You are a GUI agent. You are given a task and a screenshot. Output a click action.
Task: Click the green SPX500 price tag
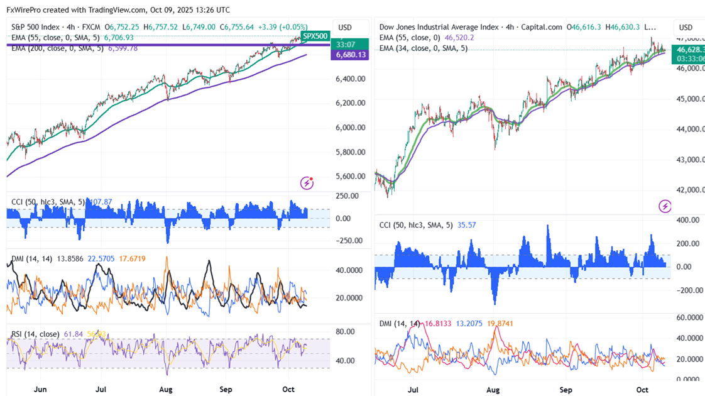[315, 36]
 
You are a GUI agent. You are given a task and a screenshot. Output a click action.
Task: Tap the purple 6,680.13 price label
[351, 55]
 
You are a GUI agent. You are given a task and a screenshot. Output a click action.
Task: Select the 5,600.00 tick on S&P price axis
[351, 176]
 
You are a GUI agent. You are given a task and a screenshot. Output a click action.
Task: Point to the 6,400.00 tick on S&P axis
[351, 79]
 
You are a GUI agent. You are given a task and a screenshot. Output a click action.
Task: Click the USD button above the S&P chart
[345, 28]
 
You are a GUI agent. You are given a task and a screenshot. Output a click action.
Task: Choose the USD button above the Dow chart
[686, 28]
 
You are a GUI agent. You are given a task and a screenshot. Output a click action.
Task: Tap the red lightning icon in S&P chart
[307, 183]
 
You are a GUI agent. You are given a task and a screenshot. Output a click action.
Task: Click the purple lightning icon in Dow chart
[665, 206]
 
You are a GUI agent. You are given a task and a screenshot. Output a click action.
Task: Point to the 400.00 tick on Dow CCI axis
[687, 220]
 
